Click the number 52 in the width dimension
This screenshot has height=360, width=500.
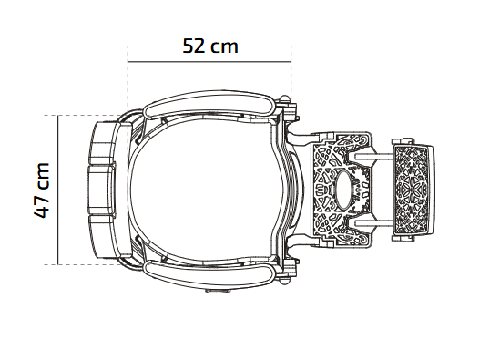coord(194,46)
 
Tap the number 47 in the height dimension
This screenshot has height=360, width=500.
coord(42,207)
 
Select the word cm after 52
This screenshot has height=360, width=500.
coord(224,47)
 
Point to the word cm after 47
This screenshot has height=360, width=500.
coord(43,176)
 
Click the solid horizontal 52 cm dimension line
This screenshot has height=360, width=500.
coord(209,61)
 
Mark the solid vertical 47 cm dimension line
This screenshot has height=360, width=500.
coord(58,190)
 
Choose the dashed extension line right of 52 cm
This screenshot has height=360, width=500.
coord(291,72)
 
